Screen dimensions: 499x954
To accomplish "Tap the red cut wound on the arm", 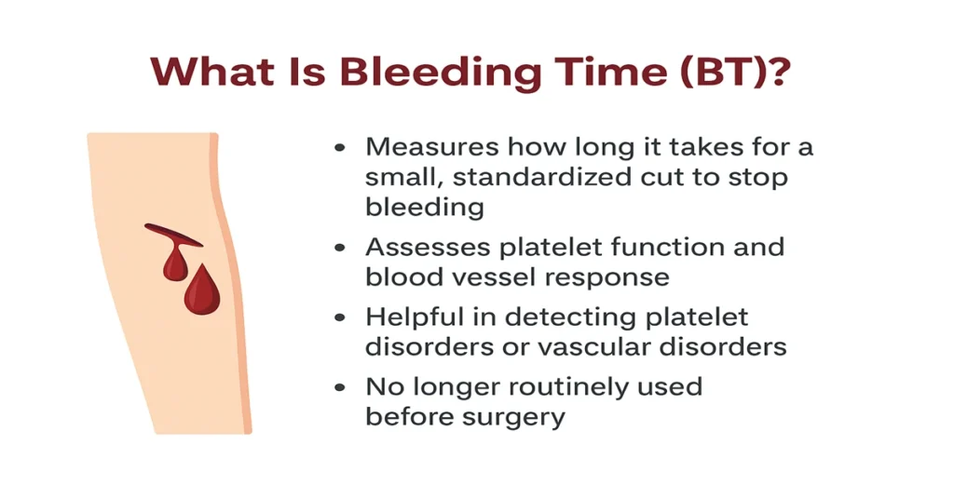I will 173,235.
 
